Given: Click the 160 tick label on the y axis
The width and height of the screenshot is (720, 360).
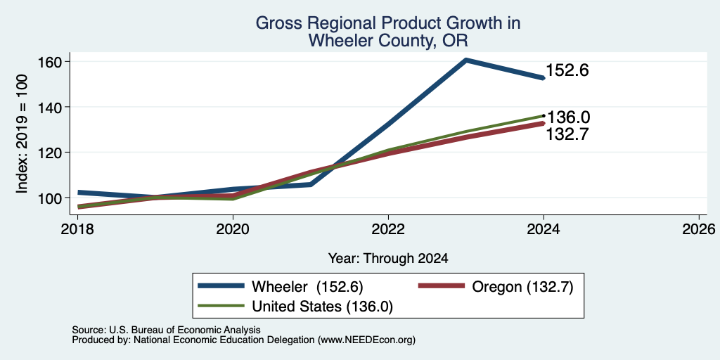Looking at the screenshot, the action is [50, 62].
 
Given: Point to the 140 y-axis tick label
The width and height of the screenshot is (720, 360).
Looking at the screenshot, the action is [50, 107].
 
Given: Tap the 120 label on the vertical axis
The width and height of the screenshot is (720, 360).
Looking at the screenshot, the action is [50, 153].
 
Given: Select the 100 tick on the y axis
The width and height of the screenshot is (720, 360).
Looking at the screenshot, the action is [50, 198].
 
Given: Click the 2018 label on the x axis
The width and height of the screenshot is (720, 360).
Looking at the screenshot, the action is [77, 229].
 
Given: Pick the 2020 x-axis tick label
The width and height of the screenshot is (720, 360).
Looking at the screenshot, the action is [233, 229].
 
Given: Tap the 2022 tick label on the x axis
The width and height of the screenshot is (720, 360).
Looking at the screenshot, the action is [388, 229].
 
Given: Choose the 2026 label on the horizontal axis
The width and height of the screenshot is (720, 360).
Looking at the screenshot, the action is [699, 229].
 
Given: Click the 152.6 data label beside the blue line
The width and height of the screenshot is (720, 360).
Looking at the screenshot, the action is [567, 70].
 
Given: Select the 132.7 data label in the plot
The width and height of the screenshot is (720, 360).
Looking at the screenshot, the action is [567, 134].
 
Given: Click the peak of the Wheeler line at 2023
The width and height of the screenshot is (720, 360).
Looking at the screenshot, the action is [466, 60].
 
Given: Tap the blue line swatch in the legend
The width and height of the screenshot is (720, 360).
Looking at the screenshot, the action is [221, 286].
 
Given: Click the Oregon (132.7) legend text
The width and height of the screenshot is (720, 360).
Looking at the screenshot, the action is [522, 287].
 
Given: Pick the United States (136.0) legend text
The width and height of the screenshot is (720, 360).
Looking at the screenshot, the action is [322, 307].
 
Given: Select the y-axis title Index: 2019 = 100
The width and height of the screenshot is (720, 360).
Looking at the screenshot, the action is [22, 134].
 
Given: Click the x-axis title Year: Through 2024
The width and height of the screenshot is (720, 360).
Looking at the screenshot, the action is [388, 259].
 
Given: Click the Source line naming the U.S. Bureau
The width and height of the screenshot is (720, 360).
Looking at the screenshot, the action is [166, 330].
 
